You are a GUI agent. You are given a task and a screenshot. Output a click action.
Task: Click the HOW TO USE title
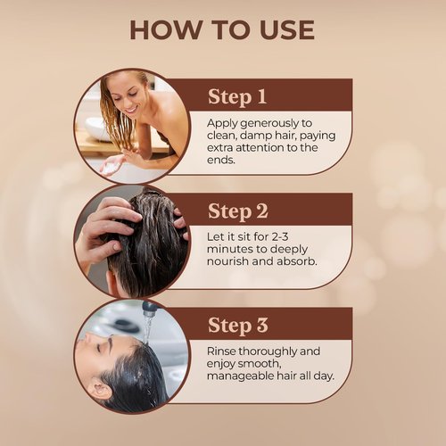222,29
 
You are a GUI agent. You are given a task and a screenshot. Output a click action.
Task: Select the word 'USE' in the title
277,29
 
